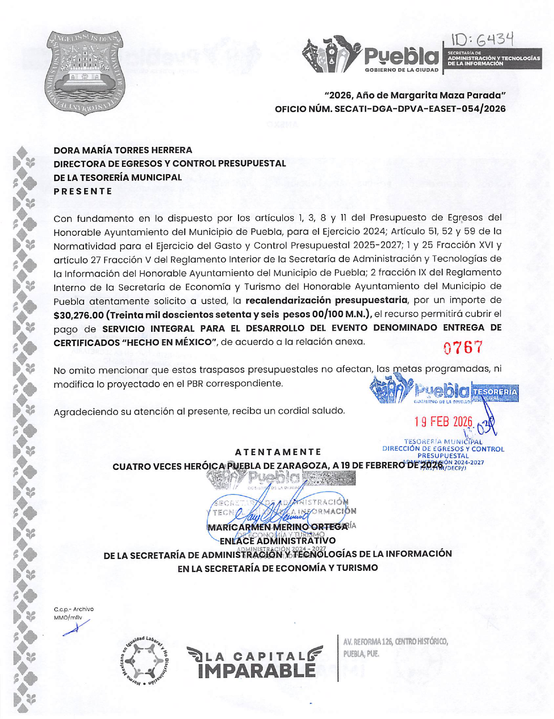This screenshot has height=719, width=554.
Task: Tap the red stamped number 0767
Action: point(463,348)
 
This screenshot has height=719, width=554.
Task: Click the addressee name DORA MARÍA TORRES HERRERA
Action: point(123,150)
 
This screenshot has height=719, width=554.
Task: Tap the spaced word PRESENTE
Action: point(83,191)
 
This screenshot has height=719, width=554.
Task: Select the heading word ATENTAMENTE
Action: point(278,452)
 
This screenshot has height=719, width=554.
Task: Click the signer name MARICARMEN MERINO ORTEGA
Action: point(278,527)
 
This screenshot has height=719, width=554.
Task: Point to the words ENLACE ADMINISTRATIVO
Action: point(277,541)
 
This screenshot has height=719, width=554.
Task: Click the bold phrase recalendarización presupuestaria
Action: point(326,301)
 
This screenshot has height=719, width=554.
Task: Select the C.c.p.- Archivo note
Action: point(73,609)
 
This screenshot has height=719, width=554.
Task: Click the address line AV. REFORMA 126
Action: point(395,642)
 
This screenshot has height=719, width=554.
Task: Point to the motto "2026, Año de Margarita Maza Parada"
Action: point(415,95)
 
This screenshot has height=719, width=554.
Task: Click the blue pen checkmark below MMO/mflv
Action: point(76,628)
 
